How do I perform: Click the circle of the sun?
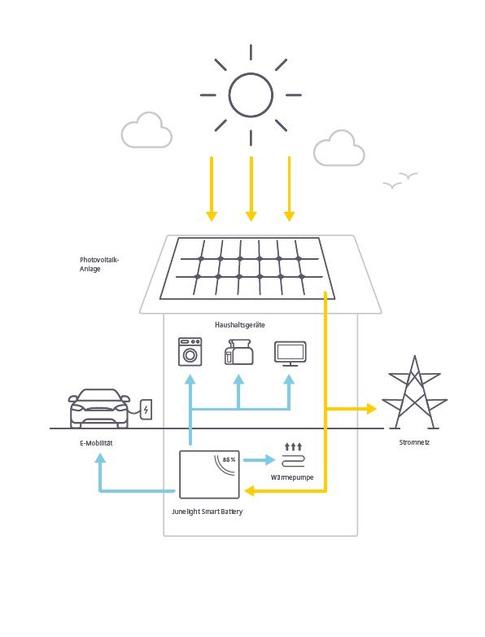point(229,95)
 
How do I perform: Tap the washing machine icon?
point(190,352)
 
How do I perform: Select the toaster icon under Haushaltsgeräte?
point(238,352)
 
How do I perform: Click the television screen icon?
point(291,354)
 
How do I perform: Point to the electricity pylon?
point(414,393)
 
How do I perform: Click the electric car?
point(98,408)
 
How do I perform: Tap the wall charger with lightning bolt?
point(146,410)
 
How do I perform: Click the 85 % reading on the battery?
point(229,459)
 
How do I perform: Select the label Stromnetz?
point(414,442)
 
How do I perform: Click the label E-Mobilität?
point(96,443)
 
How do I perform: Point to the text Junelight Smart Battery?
point(207,512)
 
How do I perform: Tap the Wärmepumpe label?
point(292,477)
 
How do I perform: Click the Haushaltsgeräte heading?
point(240,325)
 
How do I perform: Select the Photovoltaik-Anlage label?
point(99,264)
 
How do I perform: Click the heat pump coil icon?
point(293,461)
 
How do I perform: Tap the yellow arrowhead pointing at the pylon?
point(371,409)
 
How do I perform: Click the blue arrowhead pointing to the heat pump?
point(269,460)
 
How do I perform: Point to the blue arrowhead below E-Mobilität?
point(100,459)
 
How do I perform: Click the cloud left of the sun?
point(146,130)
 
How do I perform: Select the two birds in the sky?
point(400,180)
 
